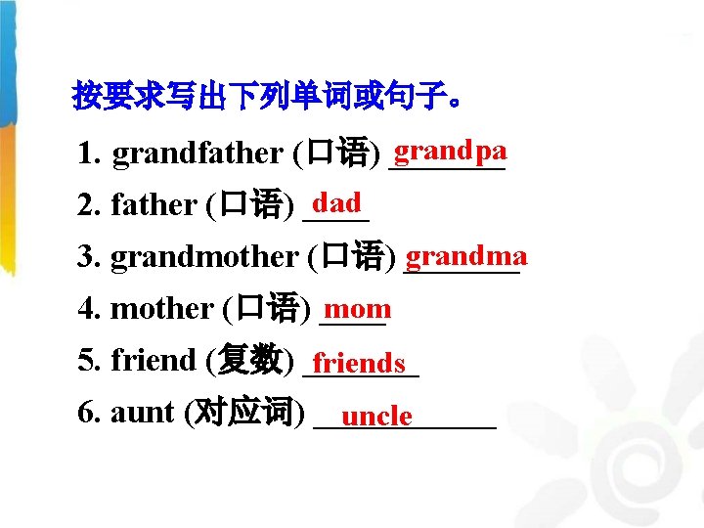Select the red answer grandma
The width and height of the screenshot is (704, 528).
pos(466,256)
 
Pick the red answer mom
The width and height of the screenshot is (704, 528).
pos(358,309)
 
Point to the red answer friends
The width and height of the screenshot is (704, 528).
pos(359,364)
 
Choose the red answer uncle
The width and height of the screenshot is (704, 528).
pos(377,417)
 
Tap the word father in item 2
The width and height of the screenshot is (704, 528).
pos(154,205)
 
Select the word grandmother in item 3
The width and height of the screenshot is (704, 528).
pos(204,257)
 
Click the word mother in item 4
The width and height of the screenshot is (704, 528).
pos(161,309)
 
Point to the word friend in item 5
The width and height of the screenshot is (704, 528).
pos(154,361)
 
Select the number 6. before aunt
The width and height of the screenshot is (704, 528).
pos(89,414)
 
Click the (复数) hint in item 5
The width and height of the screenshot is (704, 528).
pos(249,361)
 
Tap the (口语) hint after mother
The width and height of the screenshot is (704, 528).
pos(266,309)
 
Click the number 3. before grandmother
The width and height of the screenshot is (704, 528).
pos(89,257)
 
